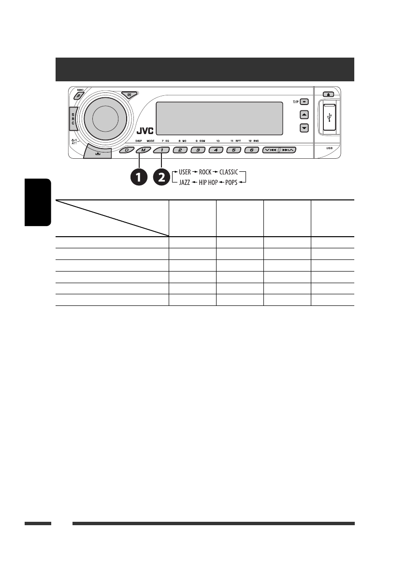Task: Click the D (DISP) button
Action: (127, 150)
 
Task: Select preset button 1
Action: (162, 150)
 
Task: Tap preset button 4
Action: (216, 150)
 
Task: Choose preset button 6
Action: (251, 150)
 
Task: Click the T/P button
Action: (304, 102)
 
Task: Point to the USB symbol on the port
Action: (329, 118)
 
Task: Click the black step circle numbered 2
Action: (162, 178)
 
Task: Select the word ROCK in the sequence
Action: (205, 172)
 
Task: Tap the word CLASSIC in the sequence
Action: (230, 172)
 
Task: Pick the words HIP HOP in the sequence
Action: (208, 184)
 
